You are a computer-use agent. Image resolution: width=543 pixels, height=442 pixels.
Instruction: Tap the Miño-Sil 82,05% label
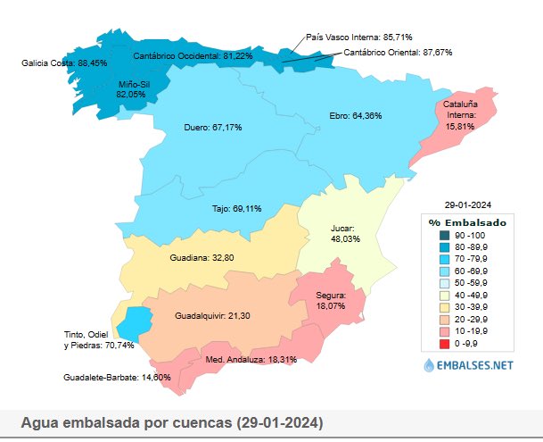(x=131, y=88)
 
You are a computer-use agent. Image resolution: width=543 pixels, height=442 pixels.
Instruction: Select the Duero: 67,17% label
(x=213, y=127)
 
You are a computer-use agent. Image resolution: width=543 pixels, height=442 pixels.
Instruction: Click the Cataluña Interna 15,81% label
(x=461, y=115)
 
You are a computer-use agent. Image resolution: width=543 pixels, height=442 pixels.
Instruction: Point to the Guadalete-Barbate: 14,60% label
(x=104, y=378)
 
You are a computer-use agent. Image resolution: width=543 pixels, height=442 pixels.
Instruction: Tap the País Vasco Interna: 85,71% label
(x=358, y=38)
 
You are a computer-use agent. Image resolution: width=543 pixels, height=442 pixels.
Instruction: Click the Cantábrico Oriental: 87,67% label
(x=398, y=53)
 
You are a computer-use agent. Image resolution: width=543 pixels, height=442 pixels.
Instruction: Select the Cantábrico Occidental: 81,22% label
(x=192, y=55)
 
